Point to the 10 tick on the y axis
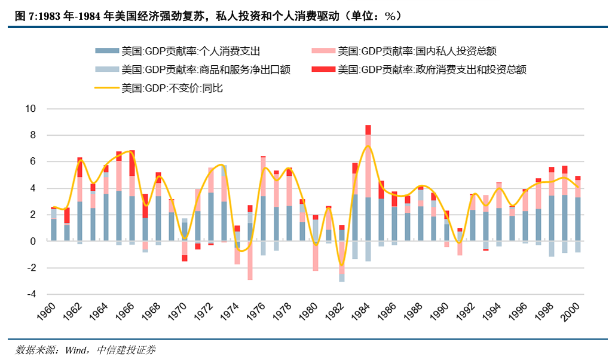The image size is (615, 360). click(x=30, y=109)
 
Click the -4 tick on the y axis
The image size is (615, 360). click(x=30, y=294)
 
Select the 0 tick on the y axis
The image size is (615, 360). click(x=33, y=241)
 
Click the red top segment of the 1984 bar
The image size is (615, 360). click(x=368, y=130)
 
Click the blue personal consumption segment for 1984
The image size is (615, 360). click(x=368, y=219)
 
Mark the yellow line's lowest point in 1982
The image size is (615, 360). click(x=342, y=266)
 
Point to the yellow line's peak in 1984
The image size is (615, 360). click(x=368, y=145)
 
